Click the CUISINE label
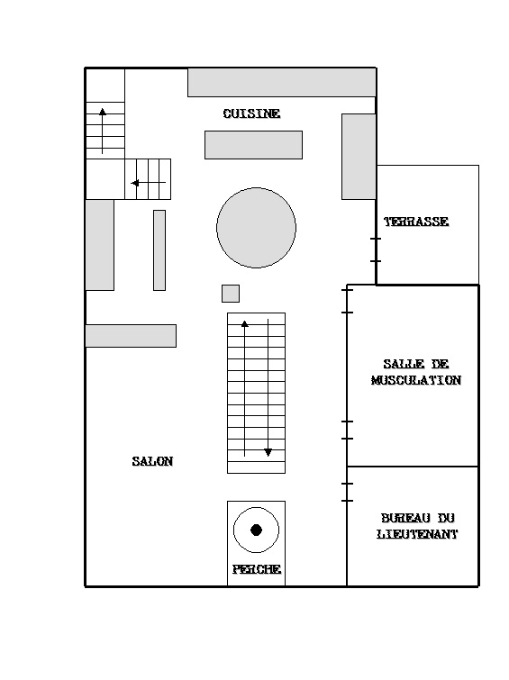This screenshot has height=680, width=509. pyautogui.click(x=251, y=113)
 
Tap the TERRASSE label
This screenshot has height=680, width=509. pyautogui.click(x=416, y=222)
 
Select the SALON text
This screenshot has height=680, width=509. pyautogui.click(x=152, y=461)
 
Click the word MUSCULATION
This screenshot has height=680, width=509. pyautogui.click(x=415, y=380)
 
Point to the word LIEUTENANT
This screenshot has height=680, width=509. pyautogui.click(x=417, y=534)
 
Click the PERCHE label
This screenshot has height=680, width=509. pyautogui.click(x=257, y=569)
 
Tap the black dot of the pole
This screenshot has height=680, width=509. pyautogui.click(x=256, y=530)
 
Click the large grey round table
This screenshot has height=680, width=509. pyautogui.click(x=256, y=228)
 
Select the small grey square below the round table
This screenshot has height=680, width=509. pyautogui.click(x=231, y=294)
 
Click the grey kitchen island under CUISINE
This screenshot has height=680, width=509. pyautogui.click(x=253, y=145)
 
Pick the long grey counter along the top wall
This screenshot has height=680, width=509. pyautogui.click(x=282, y=82)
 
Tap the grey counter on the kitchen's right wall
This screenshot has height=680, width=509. pyautogui.click(x=359, y=157)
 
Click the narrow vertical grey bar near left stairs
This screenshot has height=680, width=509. pyautogui.click(x=159, y=250)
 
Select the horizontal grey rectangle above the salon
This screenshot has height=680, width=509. pyautogui.click(x=131, y=336)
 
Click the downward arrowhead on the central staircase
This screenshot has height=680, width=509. pyautogui.click(x=268, y=452)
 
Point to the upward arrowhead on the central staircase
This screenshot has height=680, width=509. pyautogui.click(x=245, y=323)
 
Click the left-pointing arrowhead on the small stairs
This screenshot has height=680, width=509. pyautogui.click(x=135, y=183)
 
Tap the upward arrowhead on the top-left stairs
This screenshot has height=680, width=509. pyautogui.click(x=103, y=112)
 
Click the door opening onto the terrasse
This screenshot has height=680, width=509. pyautogui.click(x=376, y=249)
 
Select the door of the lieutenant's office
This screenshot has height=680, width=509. pyautogui.click(x=347, y=493)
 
